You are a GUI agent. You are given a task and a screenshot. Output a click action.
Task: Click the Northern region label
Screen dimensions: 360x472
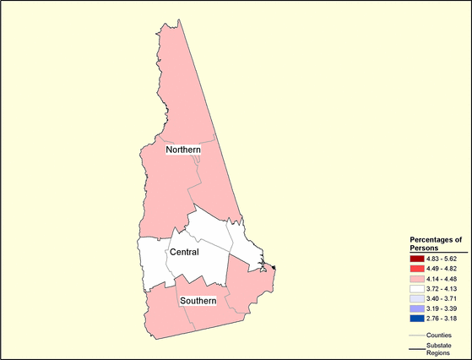[x=182, y=150]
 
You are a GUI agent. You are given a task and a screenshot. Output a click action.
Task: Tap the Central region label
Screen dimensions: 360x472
[x=185, y=252]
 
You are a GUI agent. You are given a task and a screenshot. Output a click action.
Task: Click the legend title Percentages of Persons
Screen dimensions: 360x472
[x=430, y=243]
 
